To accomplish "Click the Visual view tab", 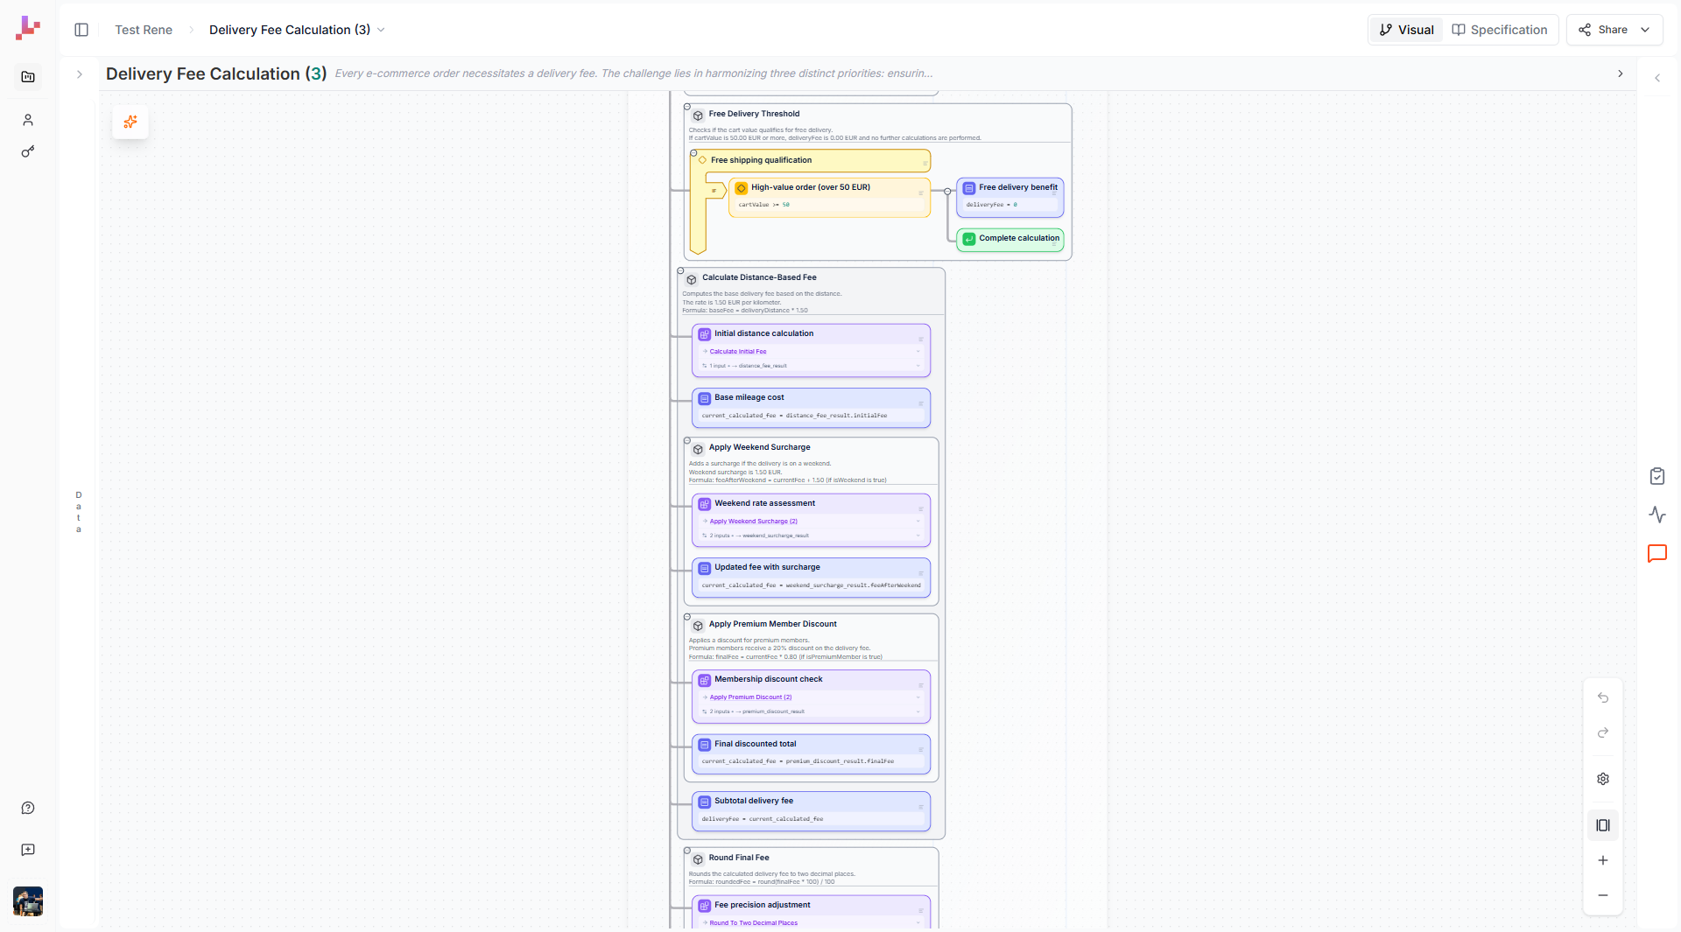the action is coord(1406,30).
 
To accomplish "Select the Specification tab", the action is coord(1500,30).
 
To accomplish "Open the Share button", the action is coord(1612,30).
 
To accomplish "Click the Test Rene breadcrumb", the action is coord(144,30).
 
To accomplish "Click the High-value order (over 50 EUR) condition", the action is coord(810,188).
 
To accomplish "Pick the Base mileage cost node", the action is coord(749,398).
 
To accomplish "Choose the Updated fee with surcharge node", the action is coord(767,568).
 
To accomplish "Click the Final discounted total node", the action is coord(755,745).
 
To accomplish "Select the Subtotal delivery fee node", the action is coord(753,802).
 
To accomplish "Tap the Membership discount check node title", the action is coord(768,680).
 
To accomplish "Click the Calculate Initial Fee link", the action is coord(738,352).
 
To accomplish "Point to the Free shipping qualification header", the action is coord(761,161).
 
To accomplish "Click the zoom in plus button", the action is coord(1603,861).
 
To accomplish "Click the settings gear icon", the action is coord(1603,780).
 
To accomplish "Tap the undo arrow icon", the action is coord(1603,698).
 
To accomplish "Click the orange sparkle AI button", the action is coord(130,123).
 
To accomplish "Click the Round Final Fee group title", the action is coord(739,858).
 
